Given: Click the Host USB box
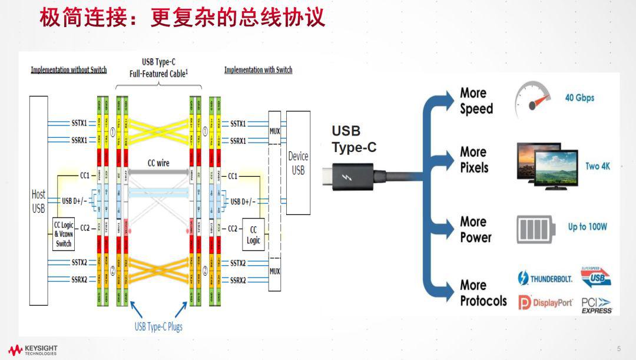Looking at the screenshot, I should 38,200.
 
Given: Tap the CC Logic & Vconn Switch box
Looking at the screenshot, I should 64,234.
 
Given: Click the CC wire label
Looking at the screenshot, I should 158,163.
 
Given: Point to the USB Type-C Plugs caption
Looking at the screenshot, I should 158,326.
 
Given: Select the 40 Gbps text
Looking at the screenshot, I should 579,98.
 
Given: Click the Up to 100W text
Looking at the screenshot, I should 587,227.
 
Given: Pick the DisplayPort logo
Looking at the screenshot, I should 545,303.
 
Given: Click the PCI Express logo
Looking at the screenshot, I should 596,305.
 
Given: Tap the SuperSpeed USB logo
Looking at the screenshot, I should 596,276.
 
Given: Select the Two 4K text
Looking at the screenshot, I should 598,166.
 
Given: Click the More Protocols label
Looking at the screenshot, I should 483,293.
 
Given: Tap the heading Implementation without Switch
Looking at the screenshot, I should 69,70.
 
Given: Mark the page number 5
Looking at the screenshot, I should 619,349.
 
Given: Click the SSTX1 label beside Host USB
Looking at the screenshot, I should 79,124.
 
